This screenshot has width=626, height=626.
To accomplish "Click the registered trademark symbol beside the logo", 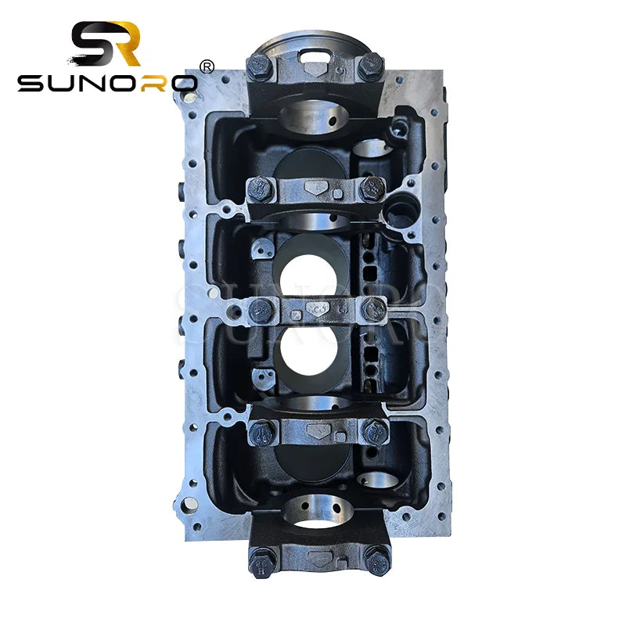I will [207, 67].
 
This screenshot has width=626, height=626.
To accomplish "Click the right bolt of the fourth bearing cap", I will [375, 430].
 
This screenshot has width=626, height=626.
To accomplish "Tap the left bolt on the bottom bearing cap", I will [261, 558].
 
